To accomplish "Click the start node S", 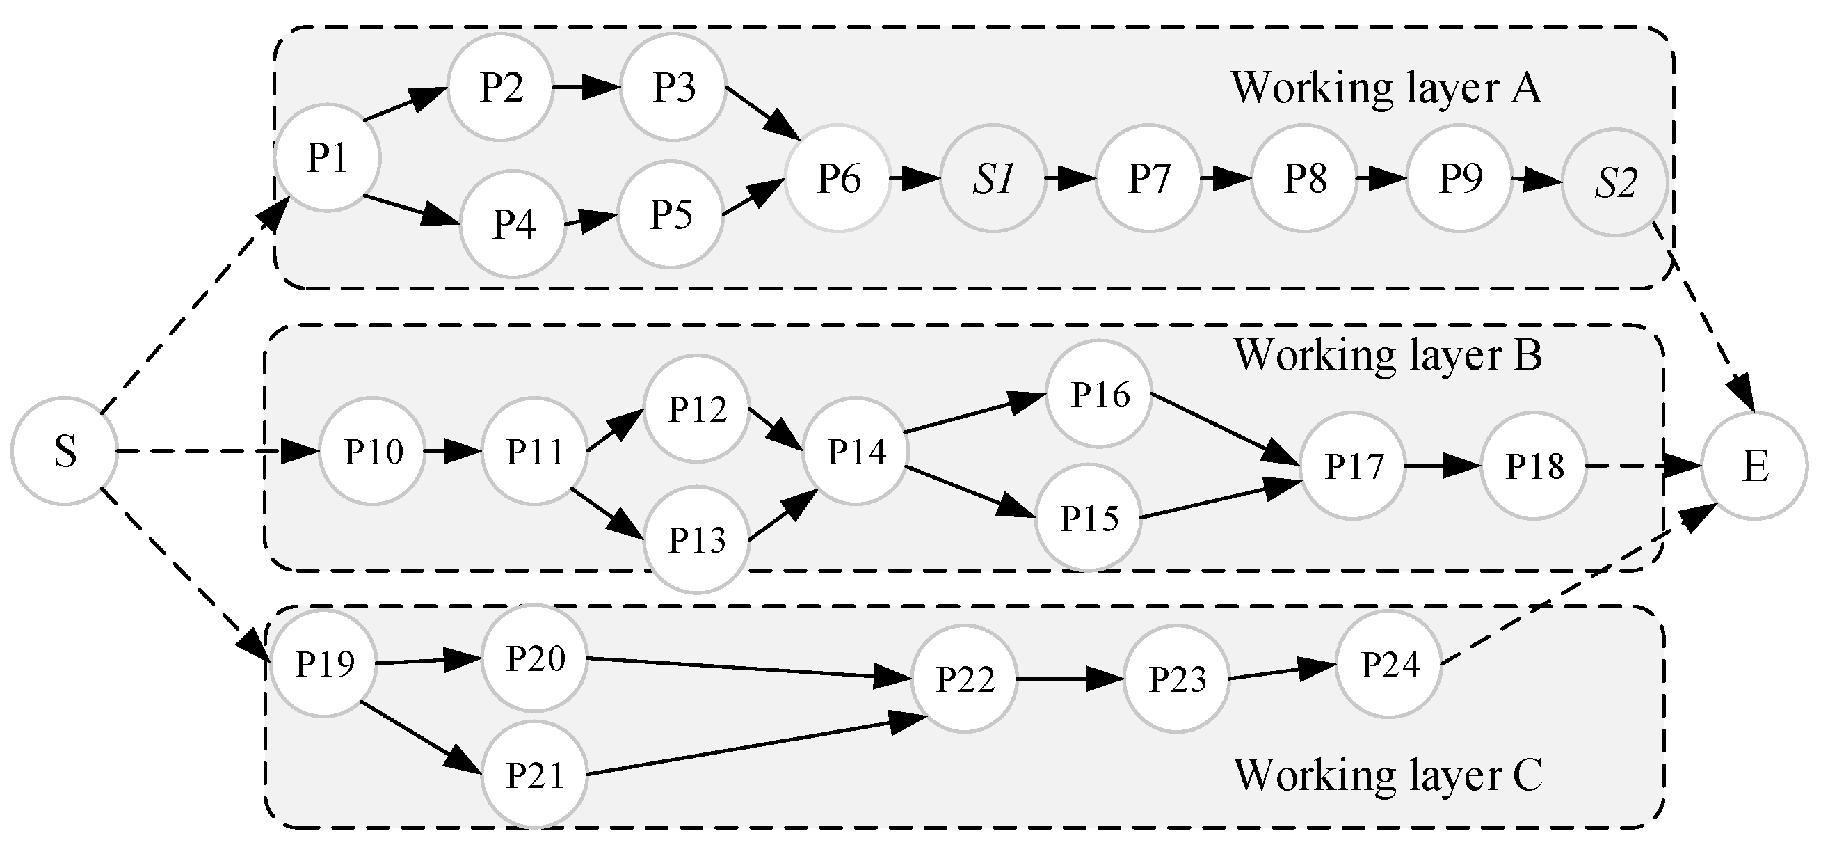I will pos(64,451).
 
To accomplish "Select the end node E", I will pos(1755,466).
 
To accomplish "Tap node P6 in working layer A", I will pos(837,178).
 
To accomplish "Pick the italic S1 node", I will pos(993,179).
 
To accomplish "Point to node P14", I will pos(856,451).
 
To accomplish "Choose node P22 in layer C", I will pos(964,679).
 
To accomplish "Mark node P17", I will pos(1353,466).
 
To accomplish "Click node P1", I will pos(328,158).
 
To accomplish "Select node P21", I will pos(534,775).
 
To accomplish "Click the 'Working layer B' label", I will pos(1388,355).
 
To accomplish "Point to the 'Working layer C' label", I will pos(1388,775).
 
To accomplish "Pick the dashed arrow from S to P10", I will pos(212,451).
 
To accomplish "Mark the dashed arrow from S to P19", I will pos(184,573).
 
